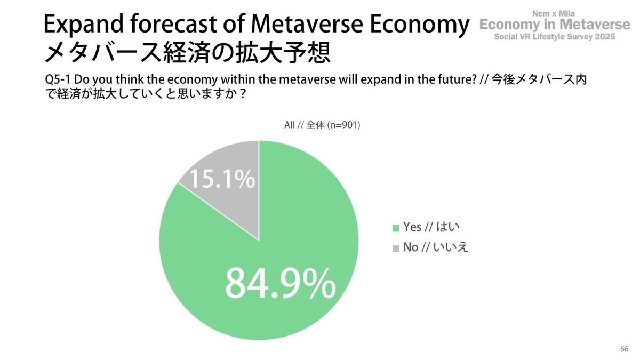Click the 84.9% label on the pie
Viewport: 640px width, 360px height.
tap(280, 283)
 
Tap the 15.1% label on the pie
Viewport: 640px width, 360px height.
tap(221, 180)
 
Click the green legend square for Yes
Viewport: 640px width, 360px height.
tap(396, 228)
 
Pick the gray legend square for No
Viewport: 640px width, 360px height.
tap(396, 248)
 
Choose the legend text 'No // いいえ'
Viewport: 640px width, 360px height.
tap(435, 247)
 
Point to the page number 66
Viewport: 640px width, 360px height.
tap(625, 349)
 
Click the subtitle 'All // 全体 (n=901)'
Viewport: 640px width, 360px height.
tap(322, 126)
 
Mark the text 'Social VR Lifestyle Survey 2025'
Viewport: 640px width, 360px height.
tap(555, 37)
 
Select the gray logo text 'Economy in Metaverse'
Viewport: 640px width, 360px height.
tap(555, 25)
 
